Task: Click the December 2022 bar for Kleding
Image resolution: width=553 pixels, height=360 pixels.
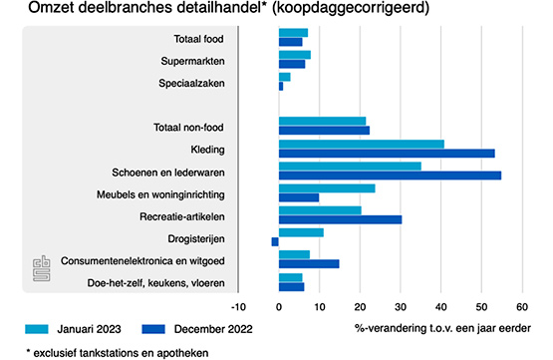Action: coord(387,154)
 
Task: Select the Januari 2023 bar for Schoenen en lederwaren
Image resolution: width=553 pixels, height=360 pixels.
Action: coord(350,167)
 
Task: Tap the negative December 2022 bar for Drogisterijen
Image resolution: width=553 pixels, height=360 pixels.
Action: coord(275,241)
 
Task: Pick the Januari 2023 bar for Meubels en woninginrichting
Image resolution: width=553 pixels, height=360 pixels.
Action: coord(327,188)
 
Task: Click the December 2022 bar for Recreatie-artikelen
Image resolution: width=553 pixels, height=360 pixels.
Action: coord(341,219)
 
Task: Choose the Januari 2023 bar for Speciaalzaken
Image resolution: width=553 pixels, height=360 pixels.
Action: coord(285,77)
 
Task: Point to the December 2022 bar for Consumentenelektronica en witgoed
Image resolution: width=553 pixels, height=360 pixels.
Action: coord(309,264)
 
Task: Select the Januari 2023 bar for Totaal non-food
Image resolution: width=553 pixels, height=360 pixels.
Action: coord(323,121)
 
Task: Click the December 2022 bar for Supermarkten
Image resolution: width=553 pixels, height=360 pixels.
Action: coord(292,64)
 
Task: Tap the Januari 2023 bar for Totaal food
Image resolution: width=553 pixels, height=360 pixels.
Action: coord(293,33)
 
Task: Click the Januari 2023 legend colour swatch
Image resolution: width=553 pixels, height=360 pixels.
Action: coord(37,329)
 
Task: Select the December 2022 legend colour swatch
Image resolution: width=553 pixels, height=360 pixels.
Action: coord(153,329)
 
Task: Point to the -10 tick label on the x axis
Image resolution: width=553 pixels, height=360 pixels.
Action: coord(238,307)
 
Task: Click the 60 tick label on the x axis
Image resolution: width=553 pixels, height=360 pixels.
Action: coord(522,307)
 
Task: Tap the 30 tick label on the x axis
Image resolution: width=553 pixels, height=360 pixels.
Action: coord(401,307)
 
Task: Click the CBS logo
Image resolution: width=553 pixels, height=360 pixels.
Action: coord(42,268)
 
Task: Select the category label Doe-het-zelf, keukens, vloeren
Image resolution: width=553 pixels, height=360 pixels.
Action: coord(155,283)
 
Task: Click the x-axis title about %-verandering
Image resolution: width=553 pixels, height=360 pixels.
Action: coord(442,329)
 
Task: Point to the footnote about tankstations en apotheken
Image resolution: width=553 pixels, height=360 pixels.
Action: coord(118,353)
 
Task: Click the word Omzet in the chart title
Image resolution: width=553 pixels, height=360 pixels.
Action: coord(51,8)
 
